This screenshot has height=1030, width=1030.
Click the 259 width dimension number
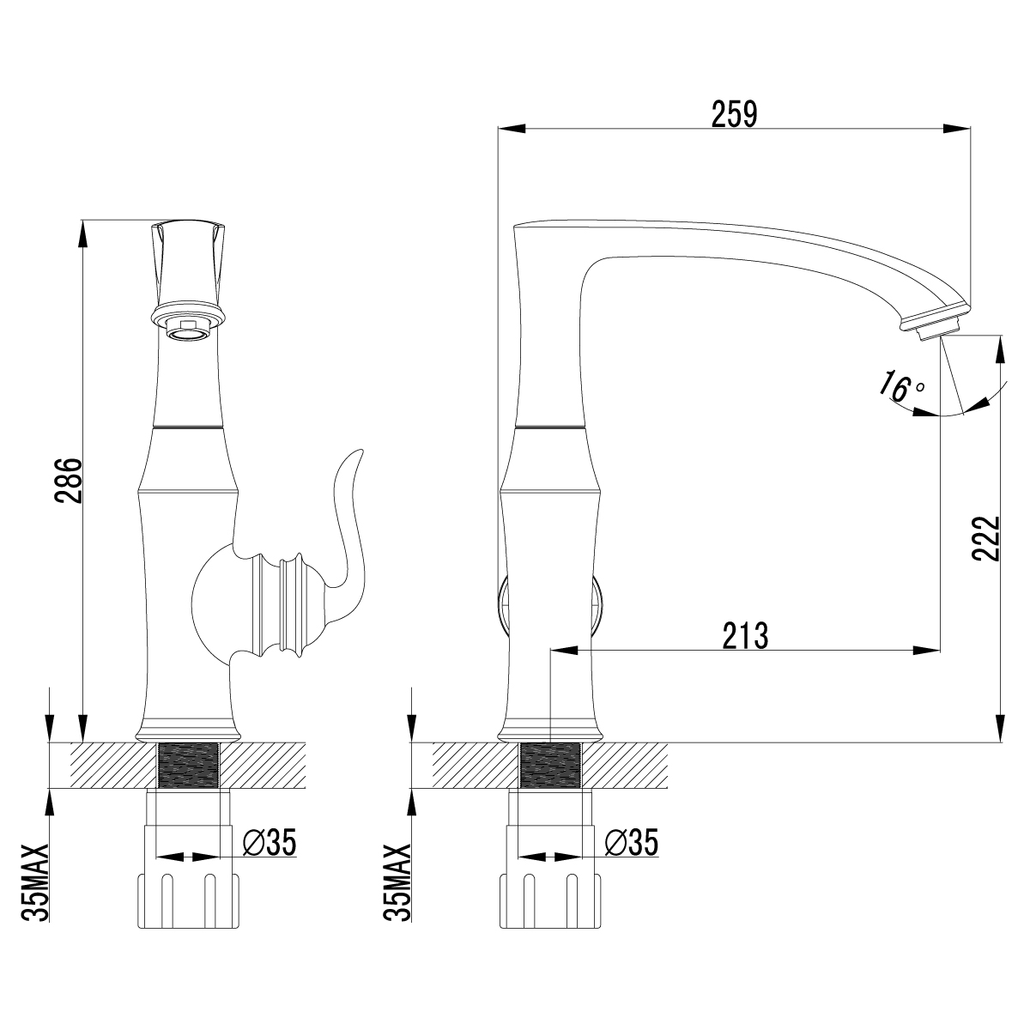[734, 113]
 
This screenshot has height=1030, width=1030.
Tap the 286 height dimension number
[70, 480]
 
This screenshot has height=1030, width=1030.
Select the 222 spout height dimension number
[987, 538]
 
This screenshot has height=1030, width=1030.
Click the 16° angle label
[897, 387]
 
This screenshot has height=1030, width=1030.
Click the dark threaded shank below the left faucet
[188, 765]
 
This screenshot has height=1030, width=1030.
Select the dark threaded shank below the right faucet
[551, 765]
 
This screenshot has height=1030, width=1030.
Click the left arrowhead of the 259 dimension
[510, 130]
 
